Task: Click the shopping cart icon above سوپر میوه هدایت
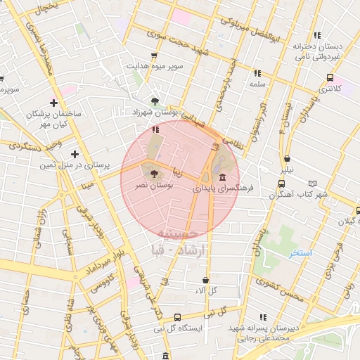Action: coord(153,55)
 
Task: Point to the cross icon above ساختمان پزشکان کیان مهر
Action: coord(74,103)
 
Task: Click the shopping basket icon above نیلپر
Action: coord(287,158)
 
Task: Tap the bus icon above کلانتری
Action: coord(328,77)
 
